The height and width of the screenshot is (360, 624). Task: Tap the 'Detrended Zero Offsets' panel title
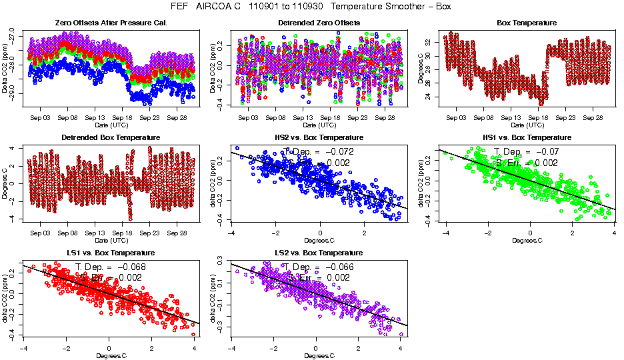(319, 23)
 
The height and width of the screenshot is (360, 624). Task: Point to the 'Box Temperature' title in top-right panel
(527, 23)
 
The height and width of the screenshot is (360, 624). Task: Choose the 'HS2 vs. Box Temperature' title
(319, 137)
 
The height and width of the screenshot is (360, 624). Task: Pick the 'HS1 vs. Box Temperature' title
(527, 137)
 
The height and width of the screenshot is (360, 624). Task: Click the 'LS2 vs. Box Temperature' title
(319, 253)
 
